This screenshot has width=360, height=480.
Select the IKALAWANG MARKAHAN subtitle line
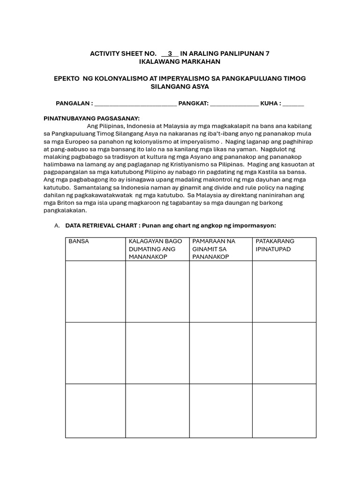point(180,61)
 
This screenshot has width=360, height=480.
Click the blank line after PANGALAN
point(135,104)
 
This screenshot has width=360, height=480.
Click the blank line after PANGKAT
point(234,104)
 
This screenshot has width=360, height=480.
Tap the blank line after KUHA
point(293,104)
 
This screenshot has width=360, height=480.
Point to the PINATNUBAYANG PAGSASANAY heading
point(91,119)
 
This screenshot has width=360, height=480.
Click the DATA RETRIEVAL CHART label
point(94,225)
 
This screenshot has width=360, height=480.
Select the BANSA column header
point(79,241)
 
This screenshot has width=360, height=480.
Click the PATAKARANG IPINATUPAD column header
point(275,245)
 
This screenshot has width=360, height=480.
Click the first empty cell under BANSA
point(95,291)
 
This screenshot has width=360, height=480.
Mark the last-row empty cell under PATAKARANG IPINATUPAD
point(284,411)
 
